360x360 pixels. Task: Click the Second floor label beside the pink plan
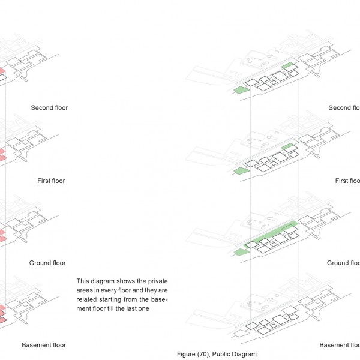pyautogui.click(x=49, y=108)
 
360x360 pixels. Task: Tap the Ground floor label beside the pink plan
pyautogui.click(x=47, y=263)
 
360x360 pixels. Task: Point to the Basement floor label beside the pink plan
pyautogui.click(x=44, y=345)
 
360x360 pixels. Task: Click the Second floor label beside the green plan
pyautogui.click(x=344, y=108)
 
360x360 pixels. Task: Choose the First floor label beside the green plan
pyautogui.click(x=347, y=181)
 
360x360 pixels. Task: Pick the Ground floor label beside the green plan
pyautogui.click(x=343, y=263)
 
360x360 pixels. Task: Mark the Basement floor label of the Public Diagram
pyautogui.click(x=340, y=345)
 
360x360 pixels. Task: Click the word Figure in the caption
pyautogui.click(x=186, y=355)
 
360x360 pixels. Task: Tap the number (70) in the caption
pyautogui.click(x=204, y=355)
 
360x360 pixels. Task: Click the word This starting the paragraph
pyautogui.click(x=83, y=281)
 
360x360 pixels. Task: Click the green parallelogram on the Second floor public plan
pyautogui.click(x=242, y=90)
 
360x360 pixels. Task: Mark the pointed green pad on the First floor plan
pyautogui.click(x=241, y=171)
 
